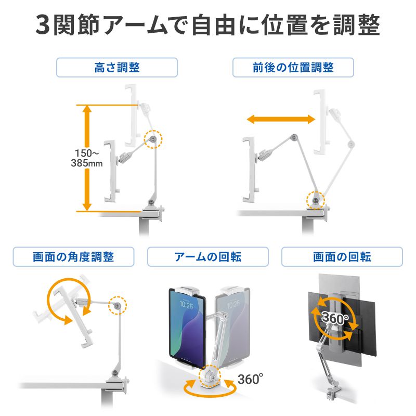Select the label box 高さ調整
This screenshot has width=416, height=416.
point(117,68)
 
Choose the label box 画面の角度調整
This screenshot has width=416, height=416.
point(73,257)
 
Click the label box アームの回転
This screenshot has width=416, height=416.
point(207,257)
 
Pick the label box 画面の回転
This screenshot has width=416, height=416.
point(342,257)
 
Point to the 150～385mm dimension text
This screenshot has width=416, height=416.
point(87,159)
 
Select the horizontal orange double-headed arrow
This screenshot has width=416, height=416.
point(281,120)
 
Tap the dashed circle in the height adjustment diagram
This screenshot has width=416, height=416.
point(153,139)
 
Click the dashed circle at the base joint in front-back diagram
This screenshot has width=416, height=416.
point(315,200)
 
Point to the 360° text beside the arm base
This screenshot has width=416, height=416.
point(249,379)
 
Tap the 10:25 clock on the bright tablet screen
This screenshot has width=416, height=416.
point(186,304)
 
